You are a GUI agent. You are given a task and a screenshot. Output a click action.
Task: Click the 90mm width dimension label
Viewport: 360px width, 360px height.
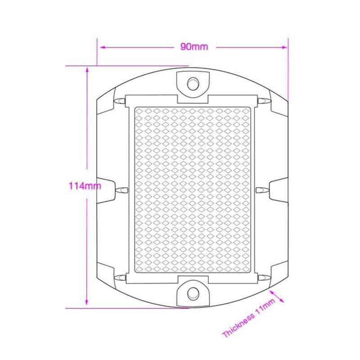[194, 47]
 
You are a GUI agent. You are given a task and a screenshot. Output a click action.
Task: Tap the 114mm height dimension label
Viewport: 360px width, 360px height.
[85, 186]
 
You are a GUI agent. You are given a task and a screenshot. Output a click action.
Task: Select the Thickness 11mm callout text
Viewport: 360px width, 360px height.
[249, 318]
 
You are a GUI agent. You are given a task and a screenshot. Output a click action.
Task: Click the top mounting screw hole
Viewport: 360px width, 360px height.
[193, 84]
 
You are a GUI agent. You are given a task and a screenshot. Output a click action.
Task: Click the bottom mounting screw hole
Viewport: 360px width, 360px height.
[193, 293]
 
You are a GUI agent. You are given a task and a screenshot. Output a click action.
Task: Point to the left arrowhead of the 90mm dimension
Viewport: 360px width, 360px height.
[103, 48]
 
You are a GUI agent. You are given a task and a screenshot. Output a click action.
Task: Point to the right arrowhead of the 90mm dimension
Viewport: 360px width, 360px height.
[284, 48]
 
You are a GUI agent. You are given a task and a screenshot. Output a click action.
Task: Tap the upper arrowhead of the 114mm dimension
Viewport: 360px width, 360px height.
[87, 69]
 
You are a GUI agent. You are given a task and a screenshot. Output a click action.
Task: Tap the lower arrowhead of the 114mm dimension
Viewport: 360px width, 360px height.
[87, 302]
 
